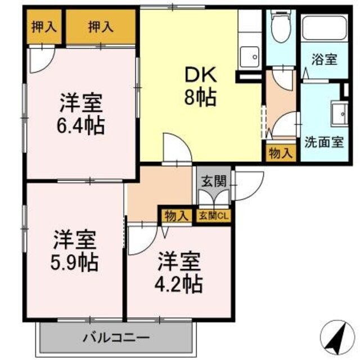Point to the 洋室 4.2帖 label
[x=179, y=273]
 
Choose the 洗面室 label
[x=323, y=141]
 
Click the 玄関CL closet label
[x=214, y=215]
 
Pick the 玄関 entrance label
[x=214, y=181]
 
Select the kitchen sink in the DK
[x=250, y=56]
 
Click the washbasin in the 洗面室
[x=340, y=115]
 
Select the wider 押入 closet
[x=101, y=27]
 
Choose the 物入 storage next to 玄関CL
[x=177, y=215]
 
